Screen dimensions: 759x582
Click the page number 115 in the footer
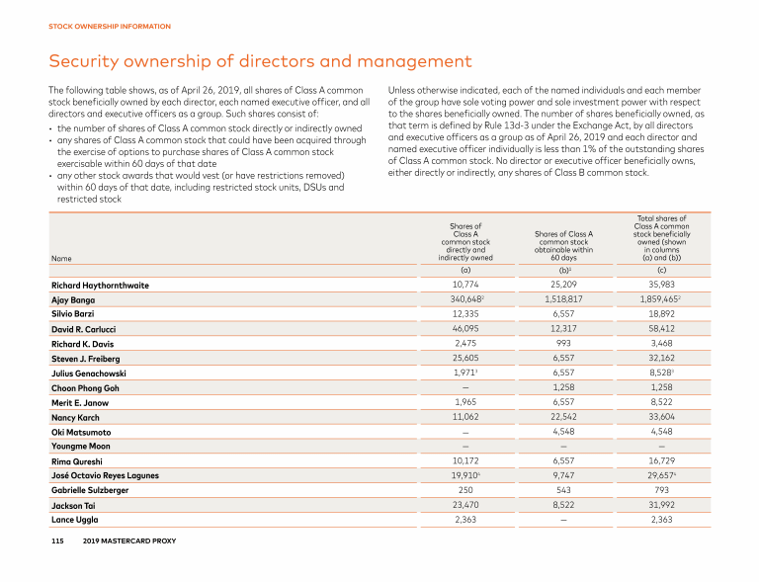click(57, 540)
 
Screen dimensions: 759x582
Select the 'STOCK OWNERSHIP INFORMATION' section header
click(110, 26)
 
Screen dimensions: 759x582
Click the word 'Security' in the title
click(84, 61)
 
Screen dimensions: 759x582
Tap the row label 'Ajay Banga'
click(73, 300)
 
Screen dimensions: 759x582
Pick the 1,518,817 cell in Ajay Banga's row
click(563, 299)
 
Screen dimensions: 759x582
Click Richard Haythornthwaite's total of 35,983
click(661, 285)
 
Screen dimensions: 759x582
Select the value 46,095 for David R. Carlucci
click(465, 328)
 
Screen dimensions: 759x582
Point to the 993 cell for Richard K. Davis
click(563, 343)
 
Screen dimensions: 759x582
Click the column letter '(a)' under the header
click(465, 271)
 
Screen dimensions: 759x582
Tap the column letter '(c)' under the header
click(662, 271)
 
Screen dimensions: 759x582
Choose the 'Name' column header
click(61, 258)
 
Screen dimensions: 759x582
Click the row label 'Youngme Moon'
click(81, 447)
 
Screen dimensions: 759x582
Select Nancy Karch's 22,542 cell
click(563, 417)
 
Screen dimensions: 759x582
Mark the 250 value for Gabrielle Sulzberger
click(465, 490)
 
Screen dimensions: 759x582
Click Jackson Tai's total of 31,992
click(661, 505)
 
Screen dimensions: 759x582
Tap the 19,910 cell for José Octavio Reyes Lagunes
click(465, 475)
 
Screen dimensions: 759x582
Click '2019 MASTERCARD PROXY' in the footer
click(129, 540)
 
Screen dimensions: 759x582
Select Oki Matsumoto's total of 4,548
click(661, 432)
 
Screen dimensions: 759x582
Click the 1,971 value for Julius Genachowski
click(465, 373)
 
